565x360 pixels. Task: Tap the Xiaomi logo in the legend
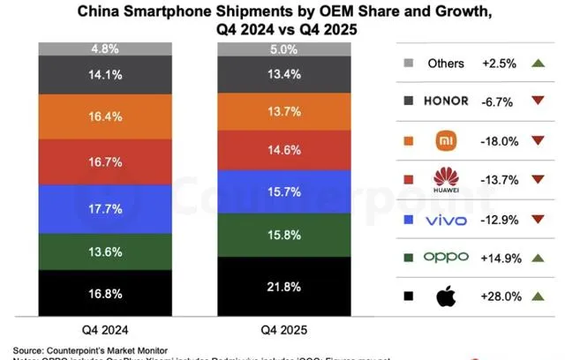pos(446,139)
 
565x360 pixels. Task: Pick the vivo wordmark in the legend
pos(447,219)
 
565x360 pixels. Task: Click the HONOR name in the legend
pos(447,101)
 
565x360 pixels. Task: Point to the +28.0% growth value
pos(501,296)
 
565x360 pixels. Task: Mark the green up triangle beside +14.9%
pos(538,258)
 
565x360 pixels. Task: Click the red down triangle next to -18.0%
pos(538,140)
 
